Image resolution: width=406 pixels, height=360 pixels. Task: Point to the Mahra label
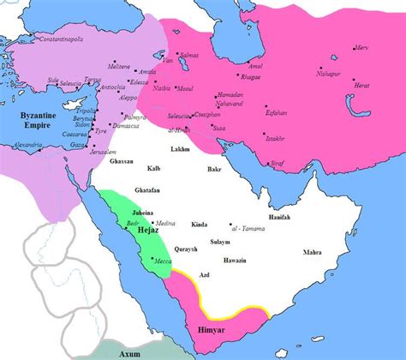click(313, 252)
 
